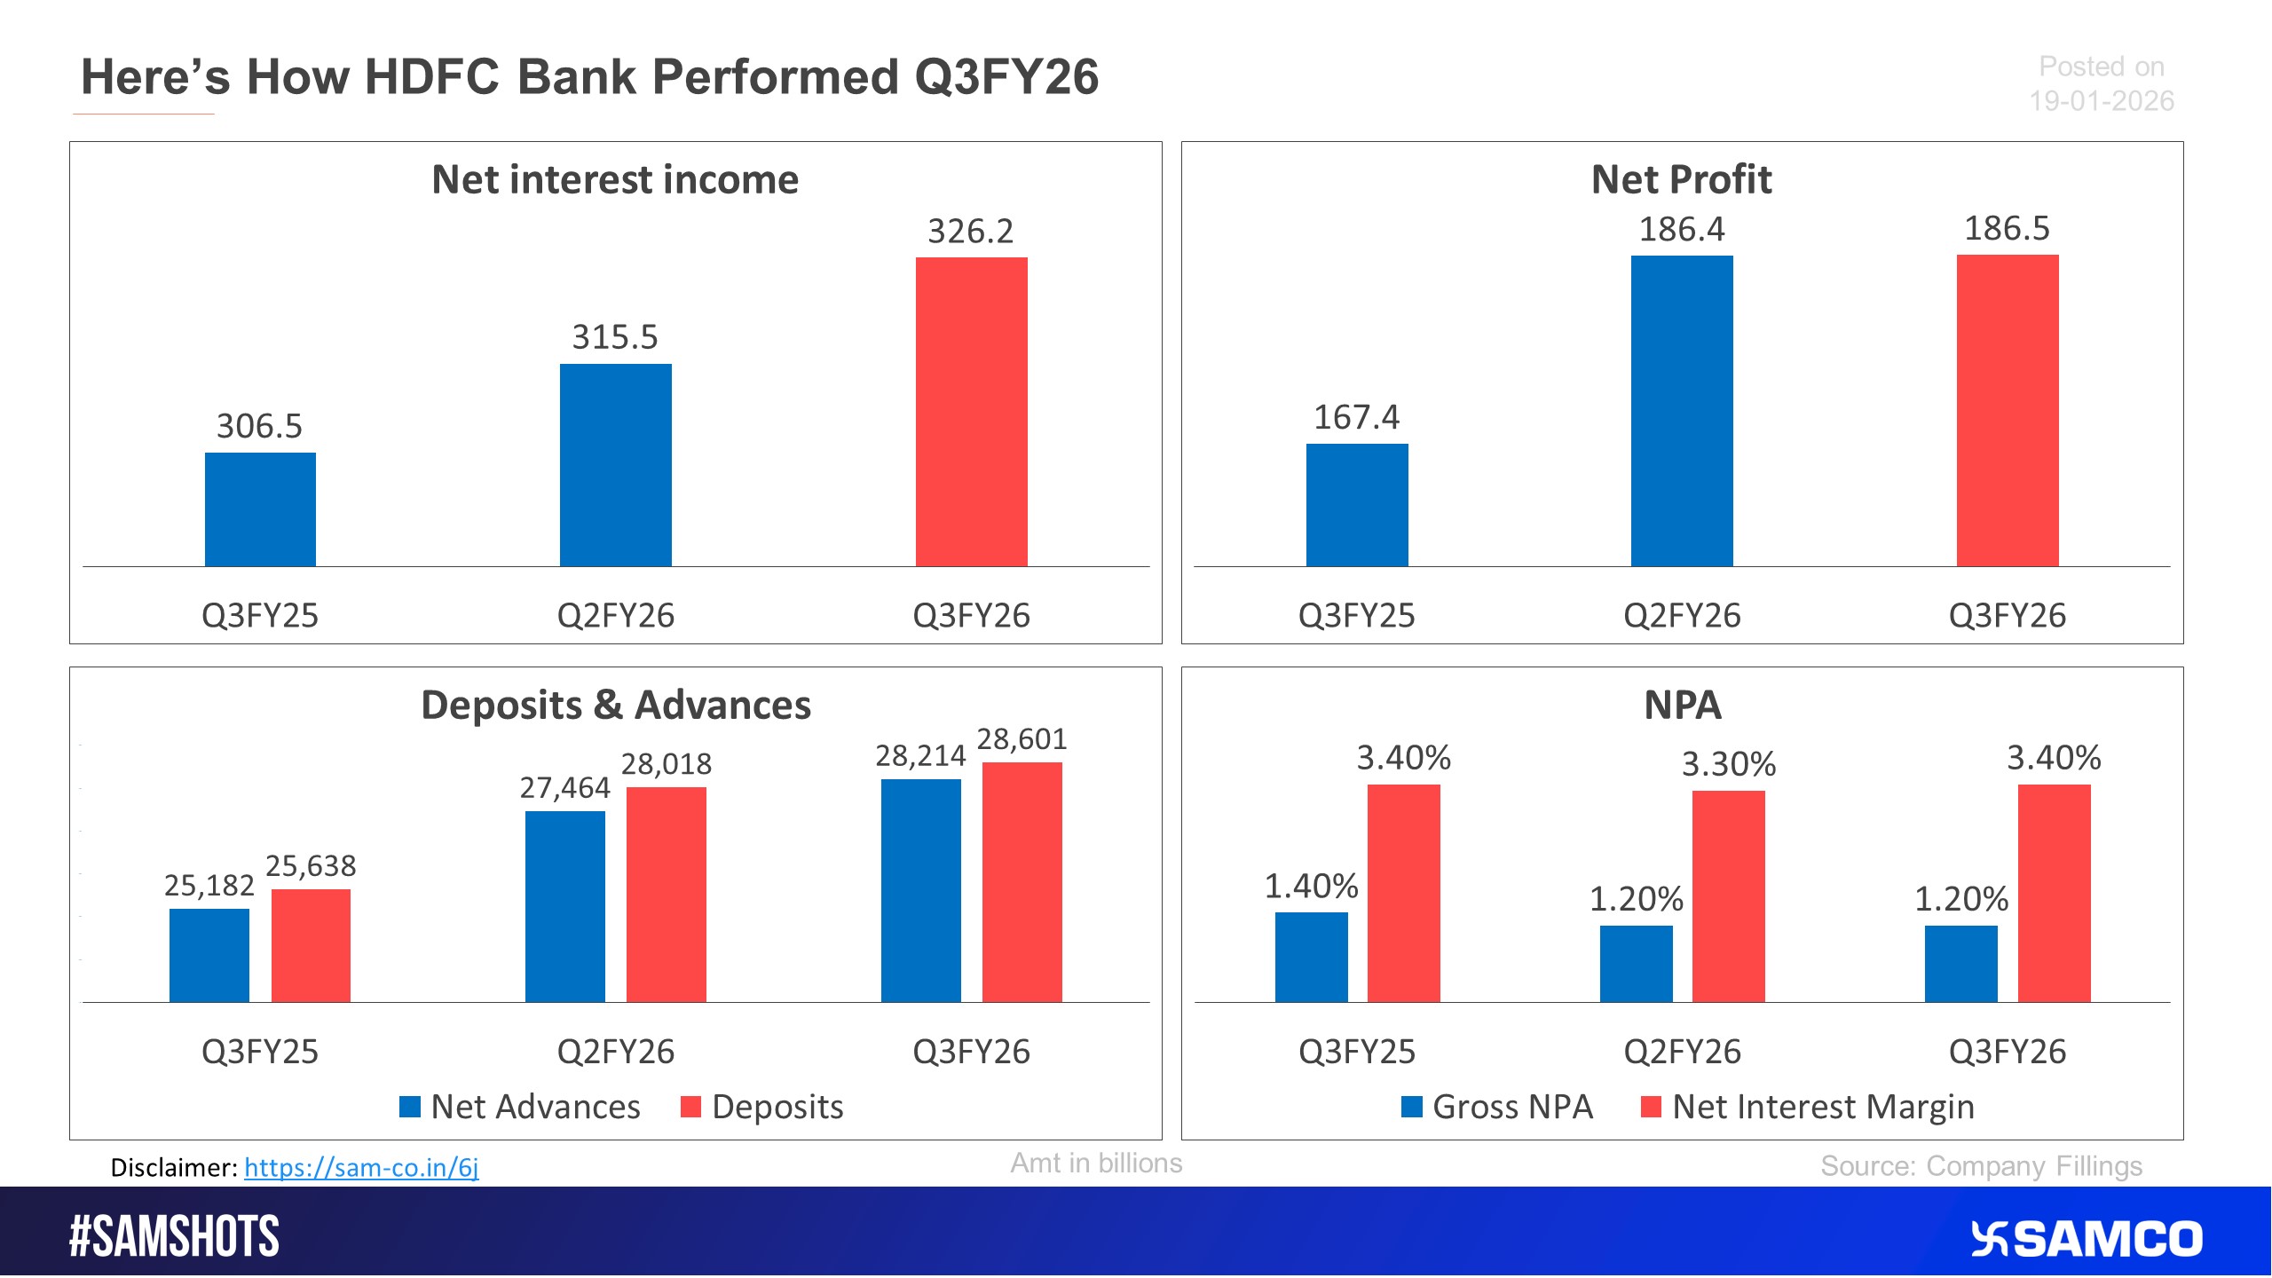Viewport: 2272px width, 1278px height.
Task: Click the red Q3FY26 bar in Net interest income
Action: tap(971, 412)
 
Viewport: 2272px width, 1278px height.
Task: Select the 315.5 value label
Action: tap(614, 337)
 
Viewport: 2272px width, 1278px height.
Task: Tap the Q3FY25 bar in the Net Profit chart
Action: tap(1356, 505)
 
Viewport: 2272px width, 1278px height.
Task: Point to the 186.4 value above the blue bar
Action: tap(1681, 230)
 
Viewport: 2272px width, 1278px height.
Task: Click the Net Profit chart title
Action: tap(1681, 179)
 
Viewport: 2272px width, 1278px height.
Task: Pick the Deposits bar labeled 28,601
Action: tap(1022, 882)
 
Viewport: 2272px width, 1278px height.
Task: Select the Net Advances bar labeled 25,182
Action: tap(209, 955)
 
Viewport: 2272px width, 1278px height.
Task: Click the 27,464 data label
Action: tap(564, 788)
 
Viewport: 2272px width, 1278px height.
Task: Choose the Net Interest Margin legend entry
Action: tap(1808, 1107)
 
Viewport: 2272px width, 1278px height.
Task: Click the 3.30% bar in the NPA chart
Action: tap(1728, 896)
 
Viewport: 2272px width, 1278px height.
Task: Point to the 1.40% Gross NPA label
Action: tap(1311, 887)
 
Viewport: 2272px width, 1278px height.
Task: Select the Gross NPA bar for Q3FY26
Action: tap(1960, 964)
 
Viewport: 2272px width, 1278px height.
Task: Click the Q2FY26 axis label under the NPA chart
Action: tap(1681, 1052)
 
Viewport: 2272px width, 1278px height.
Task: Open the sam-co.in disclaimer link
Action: tap(361, 1167)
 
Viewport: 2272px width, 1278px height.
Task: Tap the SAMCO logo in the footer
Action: tap(2087, 1239)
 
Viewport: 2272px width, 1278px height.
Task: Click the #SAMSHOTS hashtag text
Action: tap(174, 1237)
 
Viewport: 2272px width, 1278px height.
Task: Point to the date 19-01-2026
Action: tap(2101, 101)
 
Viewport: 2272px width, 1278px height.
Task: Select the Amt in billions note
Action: tap(1096, 1164)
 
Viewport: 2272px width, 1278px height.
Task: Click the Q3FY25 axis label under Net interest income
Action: tap(259, 615)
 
